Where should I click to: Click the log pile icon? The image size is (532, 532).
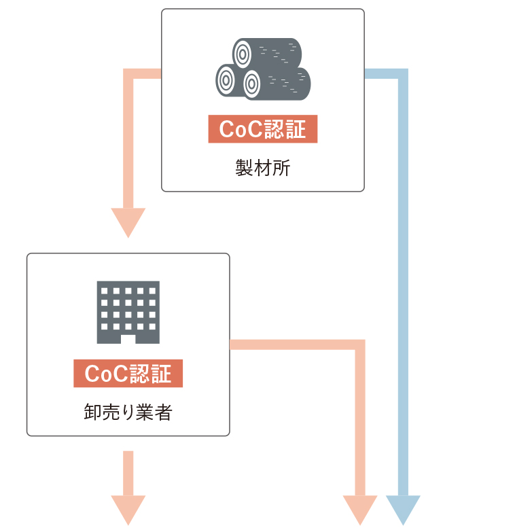pos(263,69)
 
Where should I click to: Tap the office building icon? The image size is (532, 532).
pos(128,312)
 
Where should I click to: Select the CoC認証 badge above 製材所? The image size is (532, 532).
pos(263,129)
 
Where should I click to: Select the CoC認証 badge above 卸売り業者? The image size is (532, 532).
pos(128,373)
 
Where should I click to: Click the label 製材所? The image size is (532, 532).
pos(263,168)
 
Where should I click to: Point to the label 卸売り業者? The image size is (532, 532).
pos(128,412)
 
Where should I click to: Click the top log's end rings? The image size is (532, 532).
pos(243,54)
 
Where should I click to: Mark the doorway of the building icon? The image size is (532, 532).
pos(128,339)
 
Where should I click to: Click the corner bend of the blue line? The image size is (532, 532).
pos(403,73)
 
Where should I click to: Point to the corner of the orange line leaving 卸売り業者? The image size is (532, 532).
pos(360,344)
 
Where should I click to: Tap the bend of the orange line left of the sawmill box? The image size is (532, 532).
pos(128,73)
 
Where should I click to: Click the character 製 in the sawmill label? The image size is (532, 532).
pos(245,168)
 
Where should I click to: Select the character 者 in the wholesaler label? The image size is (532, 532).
pos(164,412)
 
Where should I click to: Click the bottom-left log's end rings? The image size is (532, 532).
pos(226,80)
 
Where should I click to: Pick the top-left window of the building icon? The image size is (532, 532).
pos(104,291)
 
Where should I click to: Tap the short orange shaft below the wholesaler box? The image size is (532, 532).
pos(128,473)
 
